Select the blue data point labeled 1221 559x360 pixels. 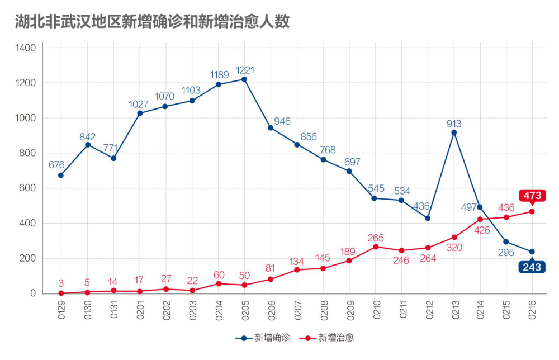(244, 79)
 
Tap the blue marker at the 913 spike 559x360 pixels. (454, 132)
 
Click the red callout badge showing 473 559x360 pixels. (532, 196)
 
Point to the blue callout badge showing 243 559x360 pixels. (532, 267)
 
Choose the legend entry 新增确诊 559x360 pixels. (258, 338)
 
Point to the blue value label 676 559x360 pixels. (57, 164)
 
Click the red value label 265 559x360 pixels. (376, 238)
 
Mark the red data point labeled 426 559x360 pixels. (480, 219)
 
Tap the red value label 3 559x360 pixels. (61, 283)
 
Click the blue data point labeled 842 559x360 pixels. (87, 145)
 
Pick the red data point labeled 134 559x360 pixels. (297, 270)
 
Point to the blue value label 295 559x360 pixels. (506, 253)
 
